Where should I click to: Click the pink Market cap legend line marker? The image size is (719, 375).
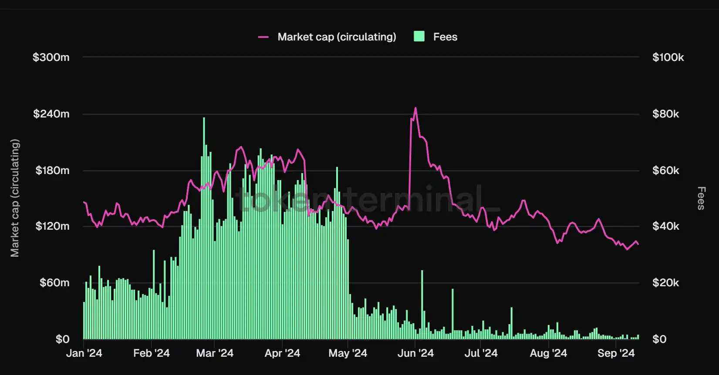coord(263,37)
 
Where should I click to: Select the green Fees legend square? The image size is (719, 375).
coord(419,37)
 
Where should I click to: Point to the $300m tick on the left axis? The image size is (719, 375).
coord(51,57)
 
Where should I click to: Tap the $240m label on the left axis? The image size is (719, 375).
coord(51,114)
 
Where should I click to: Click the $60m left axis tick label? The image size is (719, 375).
coord(54,283)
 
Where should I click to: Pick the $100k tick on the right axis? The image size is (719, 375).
coord(668,57)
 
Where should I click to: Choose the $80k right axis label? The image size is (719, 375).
coord(665,114)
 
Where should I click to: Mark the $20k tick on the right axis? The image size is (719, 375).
coord(665,283)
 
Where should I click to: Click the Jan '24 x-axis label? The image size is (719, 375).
coord(84,353)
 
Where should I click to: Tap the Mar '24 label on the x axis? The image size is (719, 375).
coord(215,353)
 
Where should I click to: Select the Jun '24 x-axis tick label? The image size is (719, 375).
coord(415,353)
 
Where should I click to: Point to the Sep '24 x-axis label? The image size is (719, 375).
coord(616,353)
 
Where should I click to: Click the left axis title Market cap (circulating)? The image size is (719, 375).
coord(15,198)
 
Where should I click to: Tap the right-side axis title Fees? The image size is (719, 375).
coord(701,198)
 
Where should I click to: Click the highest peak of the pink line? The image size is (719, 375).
coord(415,108)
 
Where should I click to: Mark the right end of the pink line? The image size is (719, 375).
coord(638,244)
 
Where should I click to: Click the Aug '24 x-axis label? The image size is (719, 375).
coord(548,353)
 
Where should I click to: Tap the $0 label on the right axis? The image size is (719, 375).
coord(659,339)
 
